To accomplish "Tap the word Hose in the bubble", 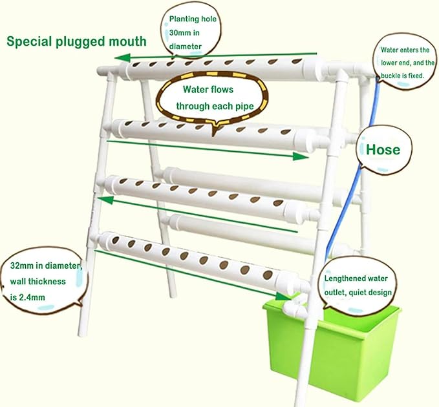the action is coord(383,150).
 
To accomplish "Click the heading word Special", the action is coord(29,42).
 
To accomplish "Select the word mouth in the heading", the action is coord(127,41).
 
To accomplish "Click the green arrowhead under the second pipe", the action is coord(301,156).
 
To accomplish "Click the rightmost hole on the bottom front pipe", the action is coord(268,275).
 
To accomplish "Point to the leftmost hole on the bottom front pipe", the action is coord(115,240).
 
